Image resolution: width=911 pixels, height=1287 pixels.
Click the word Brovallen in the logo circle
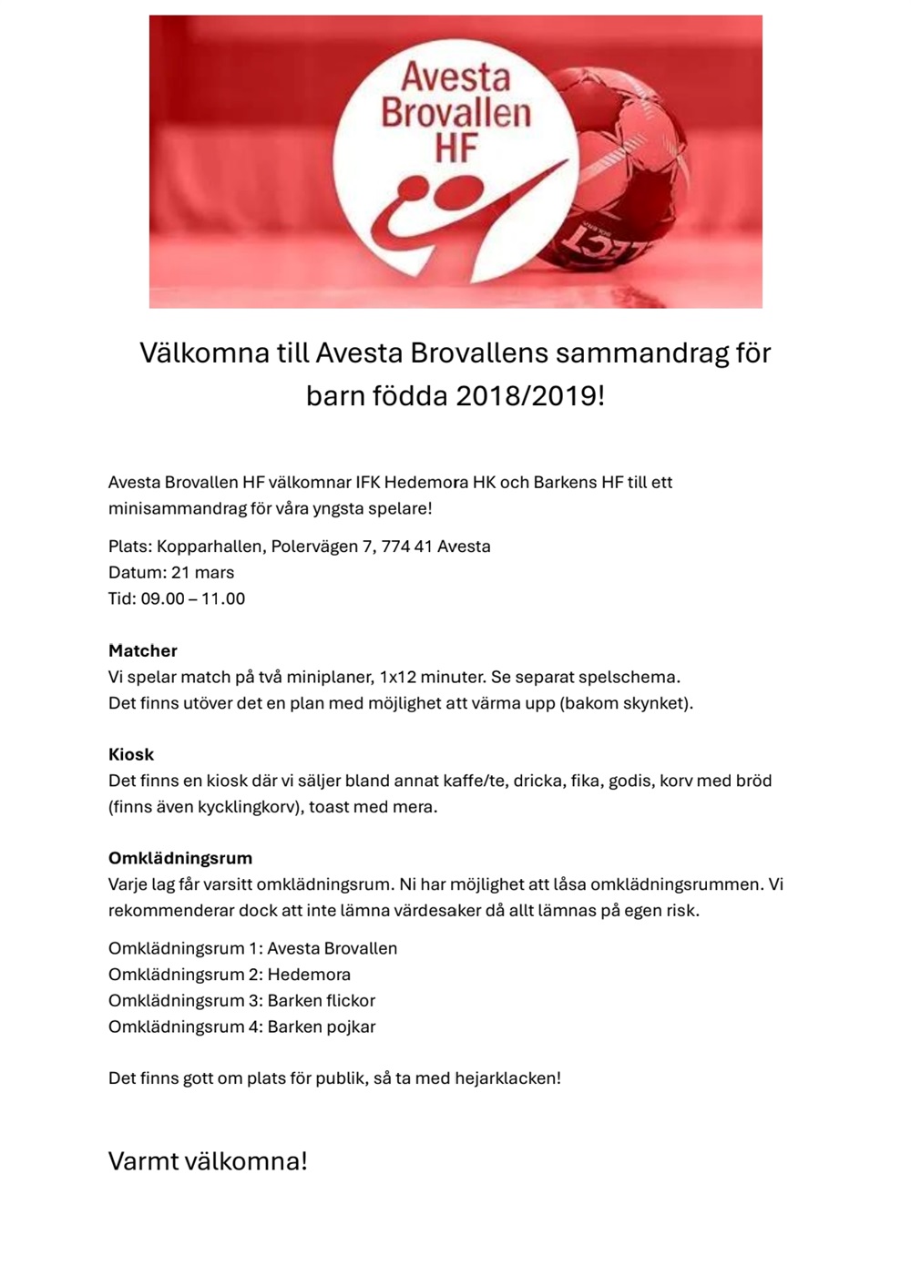(455, 113)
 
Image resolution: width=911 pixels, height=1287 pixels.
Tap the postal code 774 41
(406, 546)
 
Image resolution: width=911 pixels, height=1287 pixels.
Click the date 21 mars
(202, 573)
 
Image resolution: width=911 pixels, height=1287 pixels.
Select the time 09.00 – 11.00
(192, 599)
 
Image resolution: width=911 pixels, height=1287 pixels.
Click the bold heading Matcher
(142, 651)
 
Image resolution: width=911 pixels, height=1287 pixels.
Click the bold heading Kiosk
(131, 755)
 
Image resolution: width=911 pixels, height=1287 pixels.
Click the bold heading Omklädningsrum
(180, 859)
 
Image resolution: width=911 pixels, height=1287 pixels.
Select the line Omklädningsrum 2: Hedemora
(230, 975)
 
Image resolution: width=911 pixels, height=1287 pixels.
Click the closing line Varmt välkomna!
(208, 1161)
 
